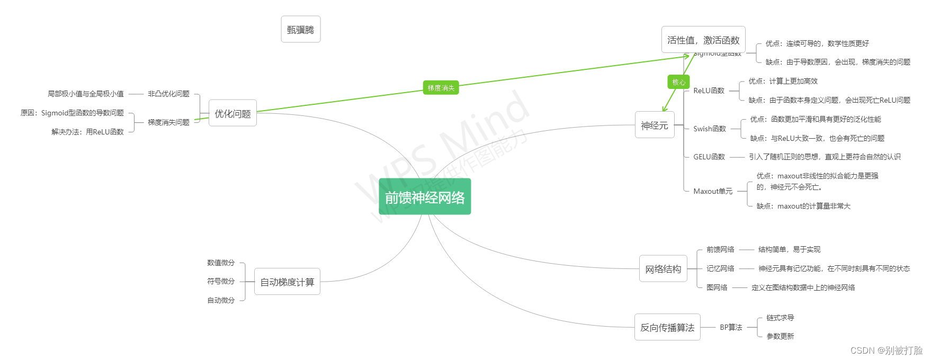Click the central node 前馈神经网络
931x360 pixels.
click(425, 197)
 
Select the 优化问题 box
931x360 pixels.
click(232, 113)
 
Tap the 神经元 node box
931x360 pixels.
click(655, 125)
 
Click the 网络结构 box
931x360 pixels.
click(663, 269)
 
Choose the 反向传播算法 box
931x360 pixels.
click(667, 327)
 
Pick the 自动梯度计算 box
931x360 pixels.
click(287, 282)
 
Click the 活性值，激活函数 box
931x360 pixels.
click(703, 40)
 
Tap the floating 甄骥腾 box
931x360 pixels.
click(300, 30)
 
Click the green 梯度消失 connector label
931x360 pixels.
click(441, 88)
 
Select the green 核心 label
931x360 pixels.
click(679, 82)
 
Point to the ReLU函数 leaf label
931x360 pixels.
click(709, 91)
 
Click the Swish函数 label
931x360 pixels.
click(709, 129)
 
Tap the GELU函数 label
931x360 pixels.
click(709, 157)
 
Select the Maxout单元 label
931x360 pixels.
click(713, 191)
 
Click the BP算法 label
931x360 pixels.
click(731, 327)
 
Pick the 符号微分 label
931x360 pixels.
click(220, 281)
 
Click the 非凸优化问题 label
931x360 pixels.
click(168, 94)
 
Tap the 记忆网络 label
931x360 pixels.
click(720, 268)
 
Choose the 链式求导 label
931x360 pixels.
click(780, 318)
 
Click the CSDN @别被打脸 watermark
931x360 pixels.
click(886, 350)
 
